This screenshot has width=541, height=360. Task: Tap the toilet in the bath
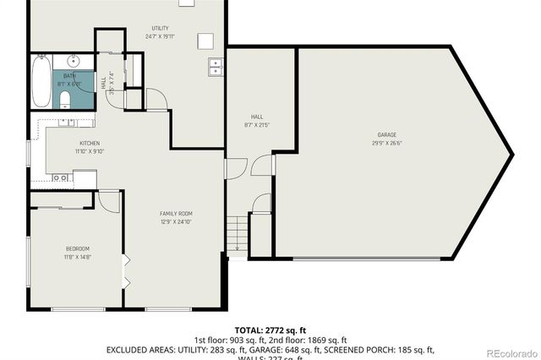pos(65,101)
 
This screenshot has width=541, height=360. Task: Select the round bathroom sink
pos(74,61)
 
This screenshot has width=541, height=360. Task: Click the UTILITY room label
pos(160,29)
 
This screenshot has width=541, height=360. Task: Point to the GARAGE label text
pos(386,135)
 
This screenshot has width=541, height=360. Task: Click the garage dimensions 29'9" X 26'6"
pos(386,144)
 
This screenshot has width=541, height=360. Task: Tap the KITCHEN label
pos(90,144)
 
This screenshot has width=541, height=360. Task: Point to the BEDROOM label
pos(78,248)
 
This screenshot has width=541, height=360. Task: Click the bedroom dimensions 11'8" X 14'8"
pos(78,257)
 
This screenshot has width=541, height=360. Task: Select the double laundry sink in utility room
pos(216,66)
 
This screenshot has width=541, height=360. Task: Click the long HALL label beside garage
pos(256,117)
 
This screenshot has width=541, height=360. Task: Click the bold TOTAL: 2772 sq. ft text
pos(270,330)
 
